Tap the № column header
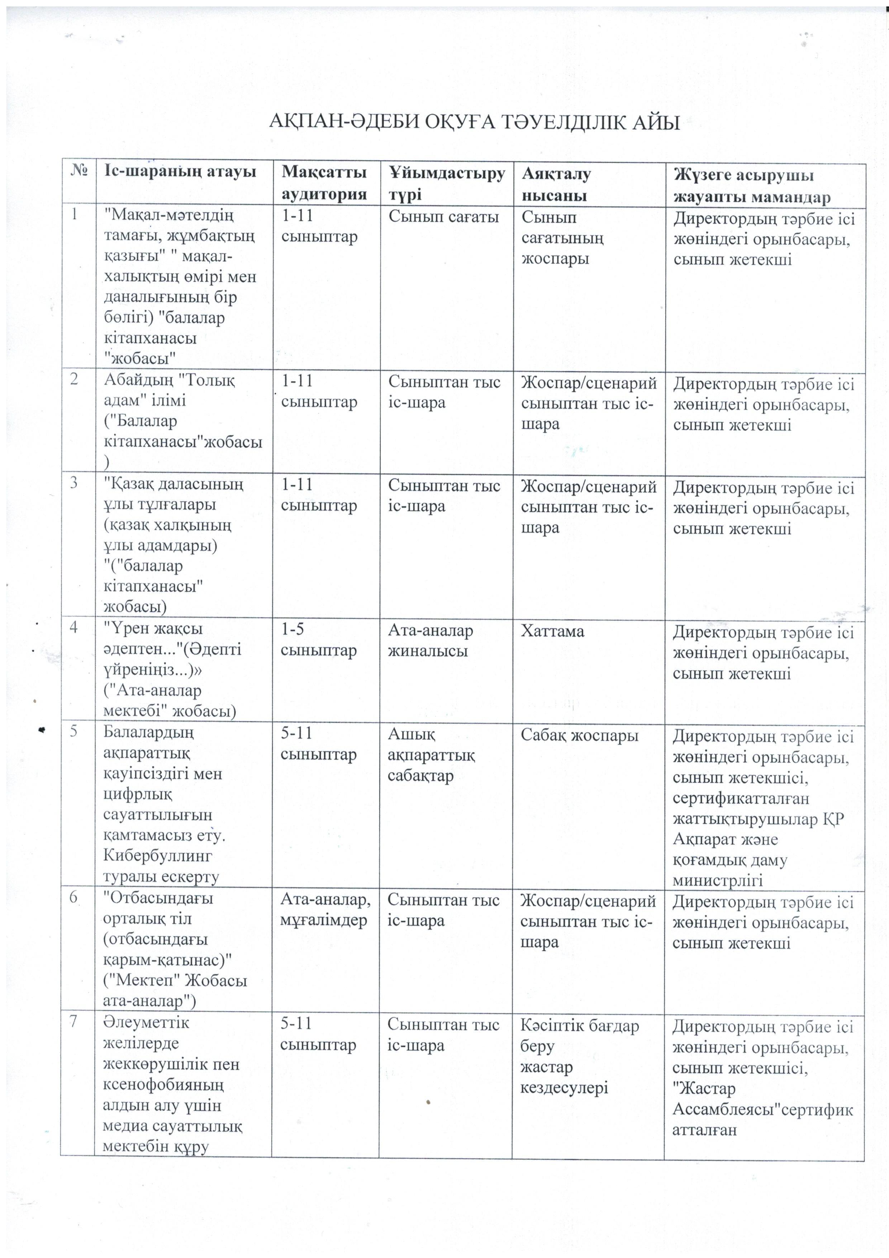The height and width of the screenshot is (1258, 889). click(x=80, y=172)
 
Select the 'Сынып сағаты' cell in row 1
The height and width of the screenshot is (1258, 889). click(x=444, y=217)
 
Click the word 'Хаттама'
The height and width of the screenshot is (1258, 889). click(x=552, y=631)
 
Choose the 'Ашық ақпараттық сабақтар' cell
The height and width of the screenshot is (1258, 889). click(x=431, y=755)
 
